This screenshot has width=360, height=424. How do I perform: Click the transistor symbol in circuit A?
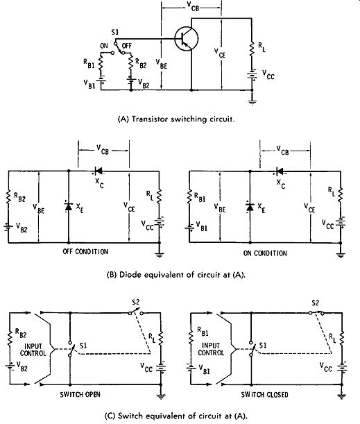click(186, 39)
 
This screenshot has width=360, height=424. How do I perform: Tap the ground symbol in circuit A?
click(252, 102)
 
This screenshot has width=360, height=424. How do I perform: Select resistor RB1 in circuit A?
click(101, 62)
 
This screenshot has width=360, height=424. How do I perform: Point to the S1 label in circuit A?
click(115, 32)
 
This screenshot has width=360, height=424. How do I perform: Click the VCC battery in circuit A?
click(252, 75)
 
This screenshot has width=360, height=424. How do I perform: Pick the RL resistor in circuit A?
click(252, 49)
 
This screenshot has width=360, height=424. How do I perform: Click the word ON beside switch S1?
click(104, 46)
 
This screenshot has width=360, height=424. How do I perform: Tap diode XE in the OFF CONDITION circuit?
click(69, 207)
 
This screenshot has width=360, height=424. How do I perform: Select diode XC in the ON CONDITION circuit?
click(280, 171)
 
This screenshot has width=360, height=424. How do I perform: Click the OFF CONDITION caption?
click(85, 251)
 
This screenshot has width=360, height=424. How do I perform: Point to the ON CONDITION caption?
click(265, 253)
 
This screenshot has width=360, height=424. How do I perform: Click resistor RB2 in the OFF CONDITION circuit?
click(8, 196)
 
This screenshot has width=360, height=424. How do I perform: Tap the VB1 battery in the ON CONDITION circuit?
click(189, 228)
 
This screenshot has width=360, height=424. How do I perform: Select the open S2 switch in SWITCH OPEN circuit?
click(136, 312)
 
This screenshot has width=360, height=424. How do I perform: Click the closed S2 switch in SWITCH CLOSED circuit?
click(317, 312)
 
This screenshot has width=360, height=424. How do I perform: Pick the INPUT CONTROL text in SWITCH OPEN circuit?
click(33, 350)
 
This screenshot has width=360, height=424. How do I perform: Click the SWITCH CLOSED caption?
click(264, 395)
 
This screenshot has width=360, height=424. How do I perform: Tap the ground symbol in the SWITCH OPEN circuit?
click(161, 396)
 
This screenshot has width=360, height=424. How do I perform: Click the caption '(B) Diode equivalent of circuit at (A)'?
click(176, 275)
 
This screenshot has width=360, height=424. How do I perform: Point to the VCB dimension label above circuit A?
click(193, 7)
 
